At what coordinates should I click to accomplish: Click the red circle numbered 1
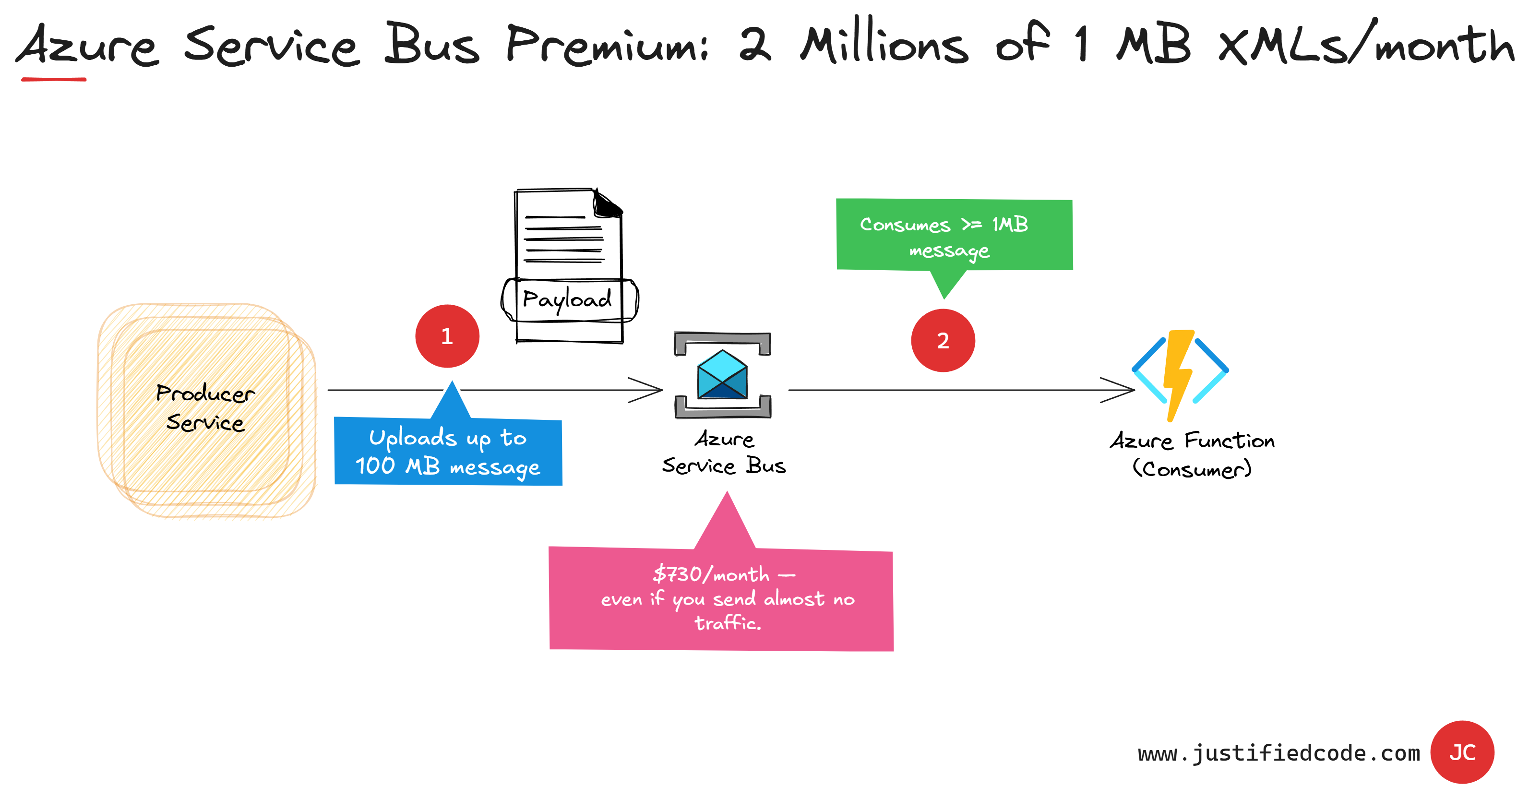click(447, 336)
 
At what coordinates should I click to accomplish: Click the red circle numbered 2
click(943, 340)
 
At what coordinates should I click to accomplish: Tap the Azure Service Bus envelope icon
click(722, 375)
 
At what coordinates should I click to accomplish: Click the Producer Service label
click(205, 408)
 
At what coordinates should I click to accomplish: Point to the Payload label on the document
click(567, 299)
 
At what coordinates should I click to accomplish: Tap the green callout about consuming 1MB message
click(954, 236)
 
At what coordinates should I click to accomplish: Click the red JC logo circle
click(1461, 752)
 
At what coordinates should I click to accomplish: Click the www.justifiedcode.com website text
click(1278, 753)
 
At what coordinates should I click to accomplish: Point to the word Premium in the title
click(607, 45)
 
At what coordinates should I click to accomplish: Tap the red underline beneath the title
click(53, 79)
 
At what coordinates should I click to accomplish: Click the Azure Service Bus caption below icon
click(724, 453)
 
